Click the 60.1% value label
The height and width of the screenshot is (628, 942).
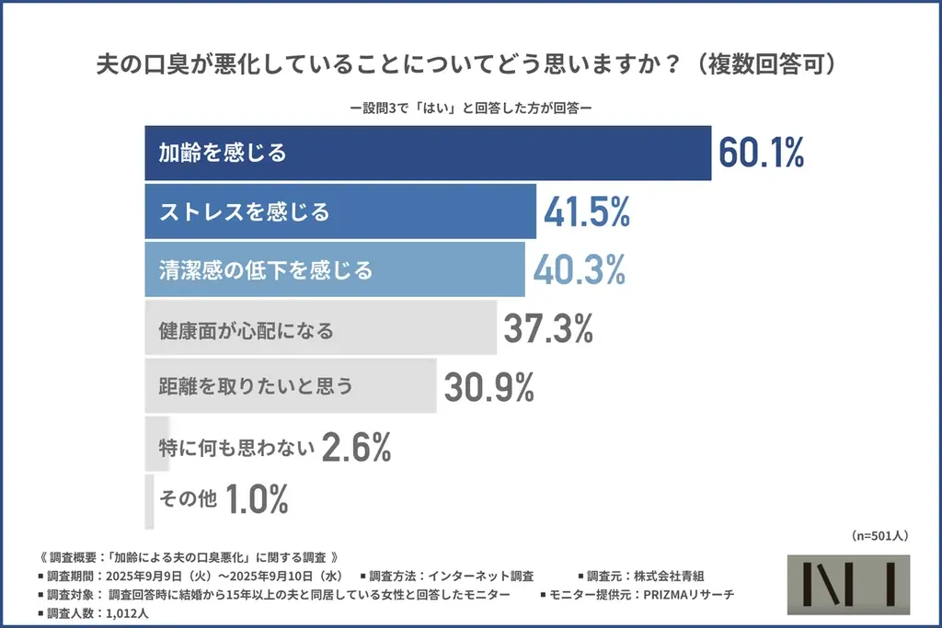click(761, 153)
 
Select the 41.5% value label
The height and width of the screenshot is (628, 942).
click(586, 211)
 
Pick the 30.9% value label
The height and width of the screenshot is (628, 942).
click(488, 387)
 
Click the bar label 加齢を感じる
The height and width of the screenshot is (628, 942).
click(223, 153)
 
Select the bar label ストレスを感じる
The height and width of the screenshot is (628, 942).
click(244, 212)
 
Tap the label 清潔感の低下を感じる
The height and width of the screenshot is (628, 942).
click(265, 270)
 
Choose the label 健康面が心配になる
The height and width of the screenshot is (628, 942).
click(246, 329)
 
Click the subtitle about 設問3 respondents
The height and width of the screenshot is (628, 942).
click(470, 107)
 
